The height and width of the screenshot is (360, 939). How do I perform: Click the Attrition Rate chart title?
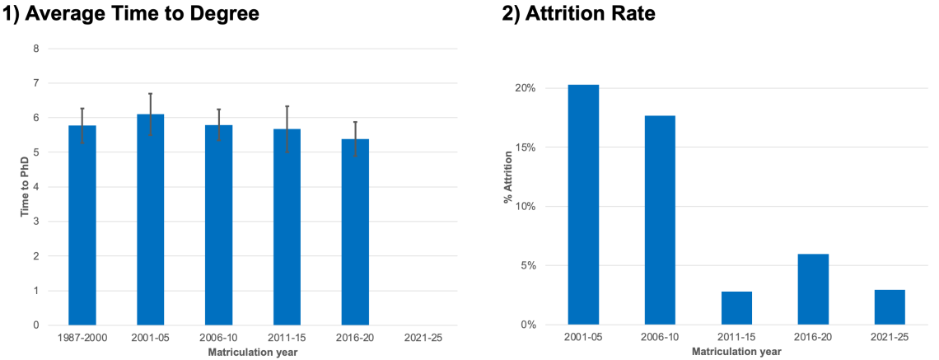(x=578, y=14)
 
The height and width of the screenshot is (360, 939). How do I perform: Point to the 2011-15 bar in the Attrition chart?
(x=736, y=308)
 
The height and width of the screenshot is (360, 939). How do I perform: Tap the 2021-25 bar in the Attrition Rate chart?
(x=890, y=307)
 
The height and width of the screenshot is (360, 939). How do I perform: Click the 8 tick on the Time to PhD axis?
(x=35, y=49)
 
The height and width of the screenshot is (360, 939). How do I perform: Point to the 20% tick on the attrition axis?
(x=548, y=88)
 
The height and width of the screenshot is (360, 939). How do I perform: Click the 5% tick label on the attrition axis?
(x=550, y=266)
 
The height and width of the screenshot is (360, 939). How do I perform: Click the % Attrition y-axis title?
(x=507, y=206)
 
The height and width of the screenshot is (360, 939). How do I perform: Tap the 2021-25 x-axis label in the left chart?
(x=423, y=338)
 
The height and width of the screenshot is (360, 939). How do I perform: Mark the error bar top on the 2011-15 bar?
(x=287, y=106)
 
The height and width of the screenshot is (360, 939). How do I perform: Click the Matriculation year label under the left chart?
(x=253, y=353)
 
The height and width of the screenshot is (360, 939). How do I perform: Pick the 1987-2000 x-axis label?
(x=82, y=338)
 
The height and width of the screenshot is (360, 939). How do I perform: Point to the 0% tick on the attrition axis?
(x=550, y=325)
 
